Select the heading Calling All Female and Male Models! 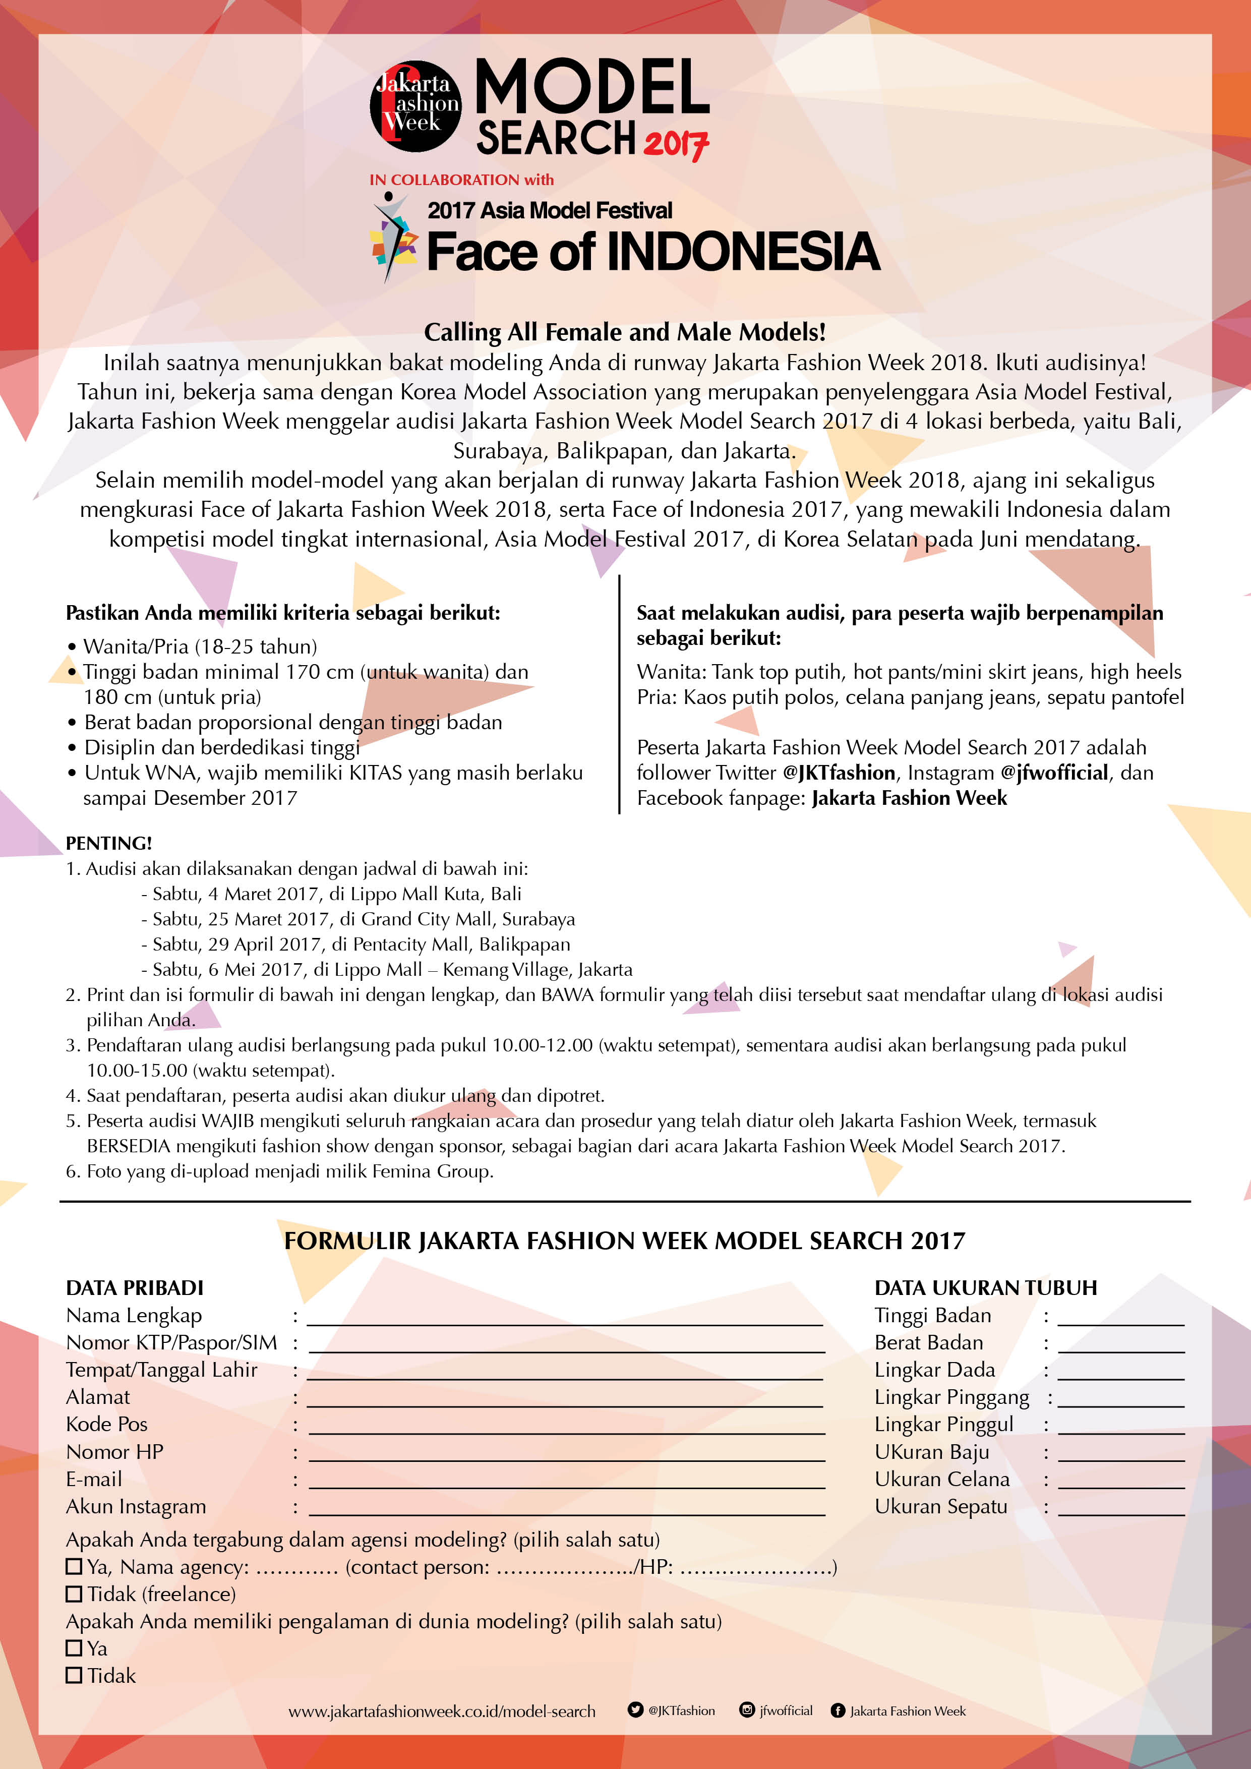(625, 332)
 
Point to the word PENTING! (108, 843)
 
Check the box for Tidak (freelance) (74, 1594)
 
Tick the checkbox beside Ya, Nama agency (74, 1566)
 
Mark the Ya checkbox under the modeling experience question (74, 1648)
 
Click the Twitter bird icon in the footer (635, 1709)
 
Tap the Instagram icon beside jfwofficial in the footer (746, 1709)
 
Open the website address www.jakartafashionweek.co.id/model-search (441, 1711)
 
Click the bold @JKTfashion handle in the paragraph (839, 773)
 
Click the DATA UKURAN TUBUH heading (985, 1287)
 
